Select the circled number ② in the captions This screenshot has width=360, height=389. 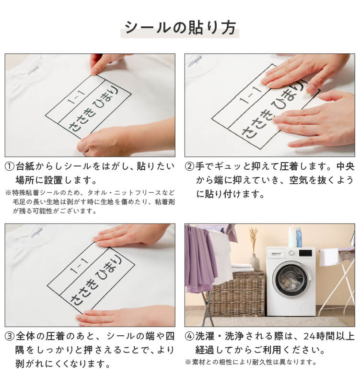[x=189, y=167]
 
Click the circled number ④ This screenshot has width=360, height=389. [x=189, y=336]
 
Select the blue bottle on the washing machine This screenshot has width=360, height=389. [x=299, y=237]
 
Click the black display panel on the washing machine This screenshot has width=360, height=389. [x=305, y=252]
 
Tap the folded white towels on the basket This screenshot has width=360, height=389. [x=242, y=267]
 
